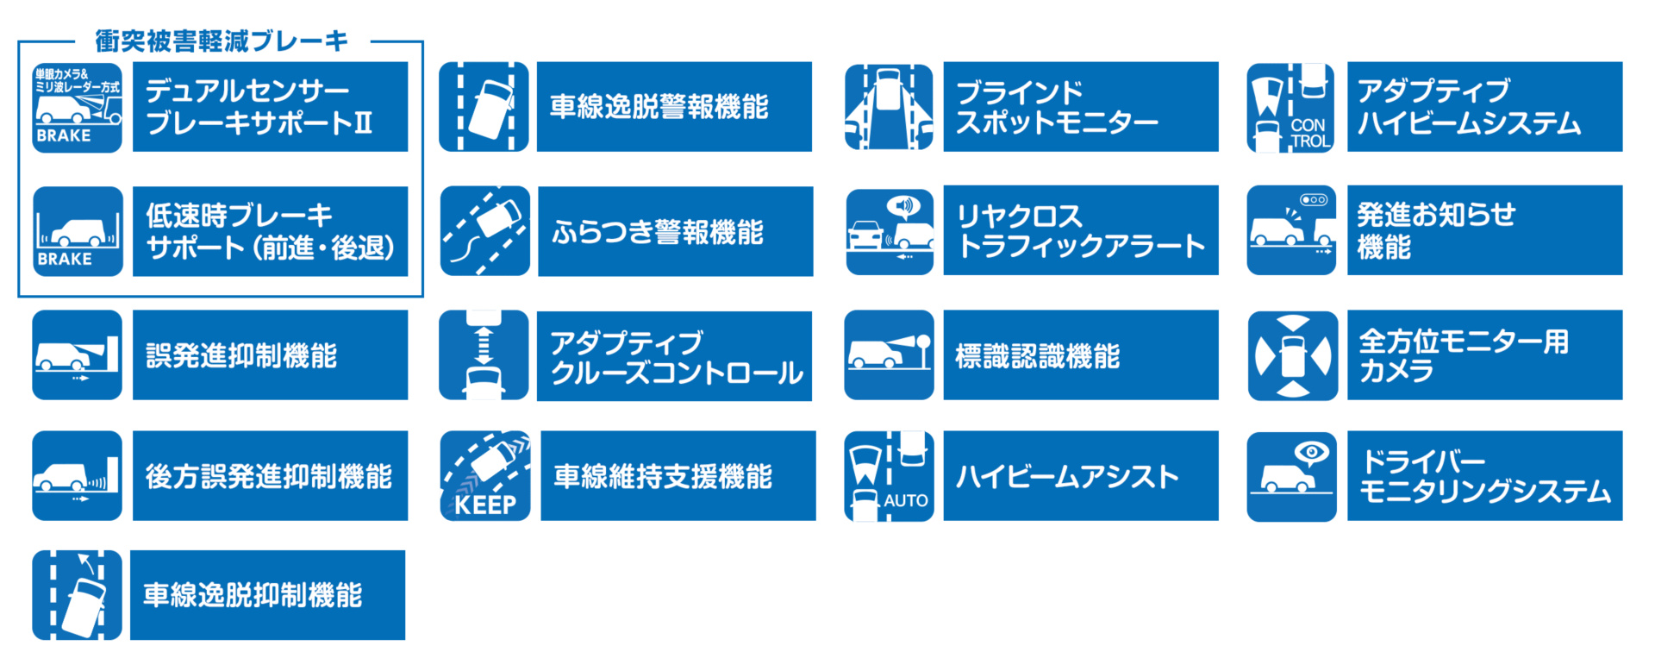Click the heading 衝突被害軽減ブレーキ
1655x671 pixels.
click(222, 41)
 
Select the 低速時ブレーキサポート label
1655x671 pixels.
click(270, 231)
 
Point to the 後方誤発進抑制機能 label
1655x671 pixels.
click(270, 476)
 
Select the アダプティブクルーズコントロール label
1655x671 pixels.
click(674, 356)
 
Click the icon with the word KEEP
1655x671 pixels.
click(485, 476)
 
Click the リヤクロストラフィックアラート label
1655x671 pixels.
click(1081, 231)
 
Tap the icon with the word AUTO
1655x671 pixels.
click(889, 476)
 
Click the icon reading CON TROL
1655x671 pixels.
click(1291, 107)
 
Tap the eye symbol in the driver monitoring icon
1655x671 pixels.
click(1312, 452)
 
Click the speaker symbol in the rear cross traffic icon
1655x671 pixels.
click(903, 205)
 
